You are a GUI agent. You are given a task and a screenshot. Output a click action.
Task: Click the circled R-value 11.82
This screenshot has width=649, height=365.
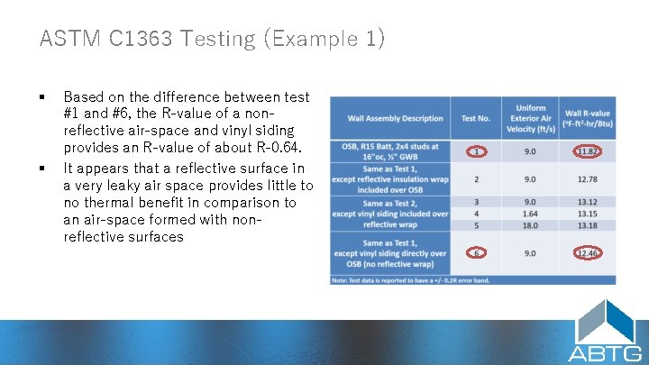tap(587, 151)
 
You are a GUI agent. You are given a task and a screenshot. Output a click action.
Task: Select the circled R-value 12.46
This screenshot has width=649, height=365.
tap(587, 253)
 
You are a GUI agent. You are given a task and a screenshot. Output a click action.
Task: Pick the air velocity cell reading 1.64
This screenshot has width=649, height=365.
tap(531, 214)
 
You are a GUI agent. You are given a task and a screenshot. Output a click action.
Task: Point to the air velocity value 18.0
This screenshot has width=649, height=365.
tap(531, 225)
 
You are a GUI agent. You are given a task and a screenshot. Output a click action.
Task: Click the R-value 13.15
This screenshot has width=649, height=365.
tap(587, 214)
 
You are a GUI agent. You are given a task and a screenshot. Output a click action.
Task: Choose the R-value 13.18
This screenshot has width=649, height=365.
tap(587, 225)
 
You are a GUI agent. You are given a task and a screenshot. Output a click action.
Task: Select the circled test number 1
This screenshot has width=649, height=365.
tap(476, 151)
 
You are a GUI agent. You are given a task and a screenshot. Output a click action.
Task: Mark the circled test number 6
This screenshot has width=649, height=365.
tap(476, 253)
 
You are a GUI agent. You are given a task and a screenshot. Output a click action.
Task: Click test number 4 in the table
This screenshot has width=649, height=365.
tap(476, 214)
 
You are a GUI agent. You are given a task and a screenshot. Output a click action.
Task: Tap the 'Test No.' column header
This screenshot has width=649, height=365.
tap(476, 118)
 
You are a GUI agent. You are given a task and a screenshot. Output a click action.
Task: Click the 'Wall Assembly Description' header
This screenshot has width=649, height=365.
tap(395, 118)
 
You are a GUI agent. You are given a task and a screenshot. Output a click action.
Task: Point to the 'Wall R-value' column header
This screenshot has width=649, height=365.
tap(587, 118)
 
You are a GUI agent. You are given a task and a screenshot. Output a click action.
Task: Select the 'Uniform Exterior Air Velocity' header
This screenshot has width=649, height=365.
tap(531, 118)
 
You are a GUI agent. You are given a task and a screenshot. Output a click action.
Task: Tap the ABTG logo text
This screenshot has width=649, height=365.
tap(605, 352)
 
